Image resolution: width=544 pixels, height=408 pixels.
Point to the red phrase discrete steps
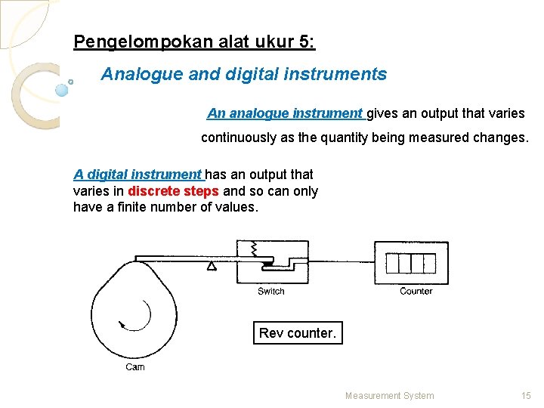174,191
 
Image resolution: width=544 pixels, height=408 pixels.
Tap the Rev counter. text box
298,333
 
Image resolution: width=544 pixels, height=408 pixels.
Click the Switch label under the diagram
271,292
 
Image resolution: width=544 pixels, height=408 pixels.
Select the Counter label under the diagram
416,292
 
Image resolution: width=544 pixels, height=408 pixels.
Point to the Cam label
135,367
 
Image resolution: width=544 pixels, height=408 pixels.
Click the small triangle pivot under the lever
212,266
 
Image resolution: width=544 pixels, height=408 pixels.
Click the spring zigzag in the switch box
255,247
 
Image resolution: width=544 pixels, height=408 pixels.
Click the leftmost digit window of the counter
393,263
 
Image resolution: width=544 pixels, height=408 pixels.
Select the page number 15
527,395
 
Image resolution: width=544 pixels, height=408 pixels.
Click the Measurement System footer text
389,395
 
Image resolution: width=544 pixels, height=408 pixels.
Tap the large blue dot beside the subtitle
62,90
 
